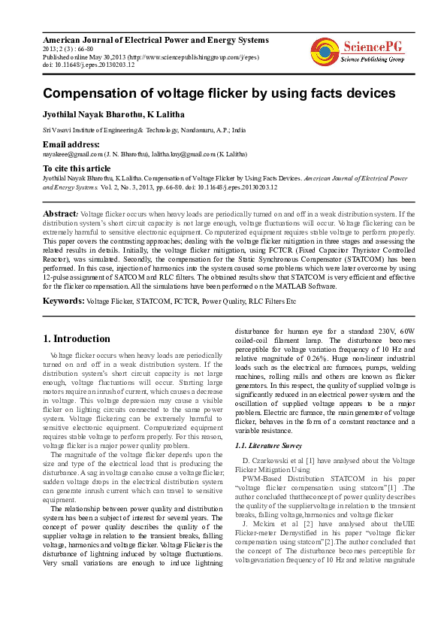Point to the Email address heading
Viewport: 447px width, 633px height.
(71, 143)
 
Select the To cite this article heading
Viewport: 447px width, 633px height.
(77, 168)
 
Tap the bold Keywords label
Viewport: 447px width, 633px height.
(63, 300)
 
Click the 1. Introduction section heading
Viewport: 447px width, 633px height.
(77, 338)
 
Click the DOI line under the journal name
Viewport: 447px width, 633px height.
(89, 65)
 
